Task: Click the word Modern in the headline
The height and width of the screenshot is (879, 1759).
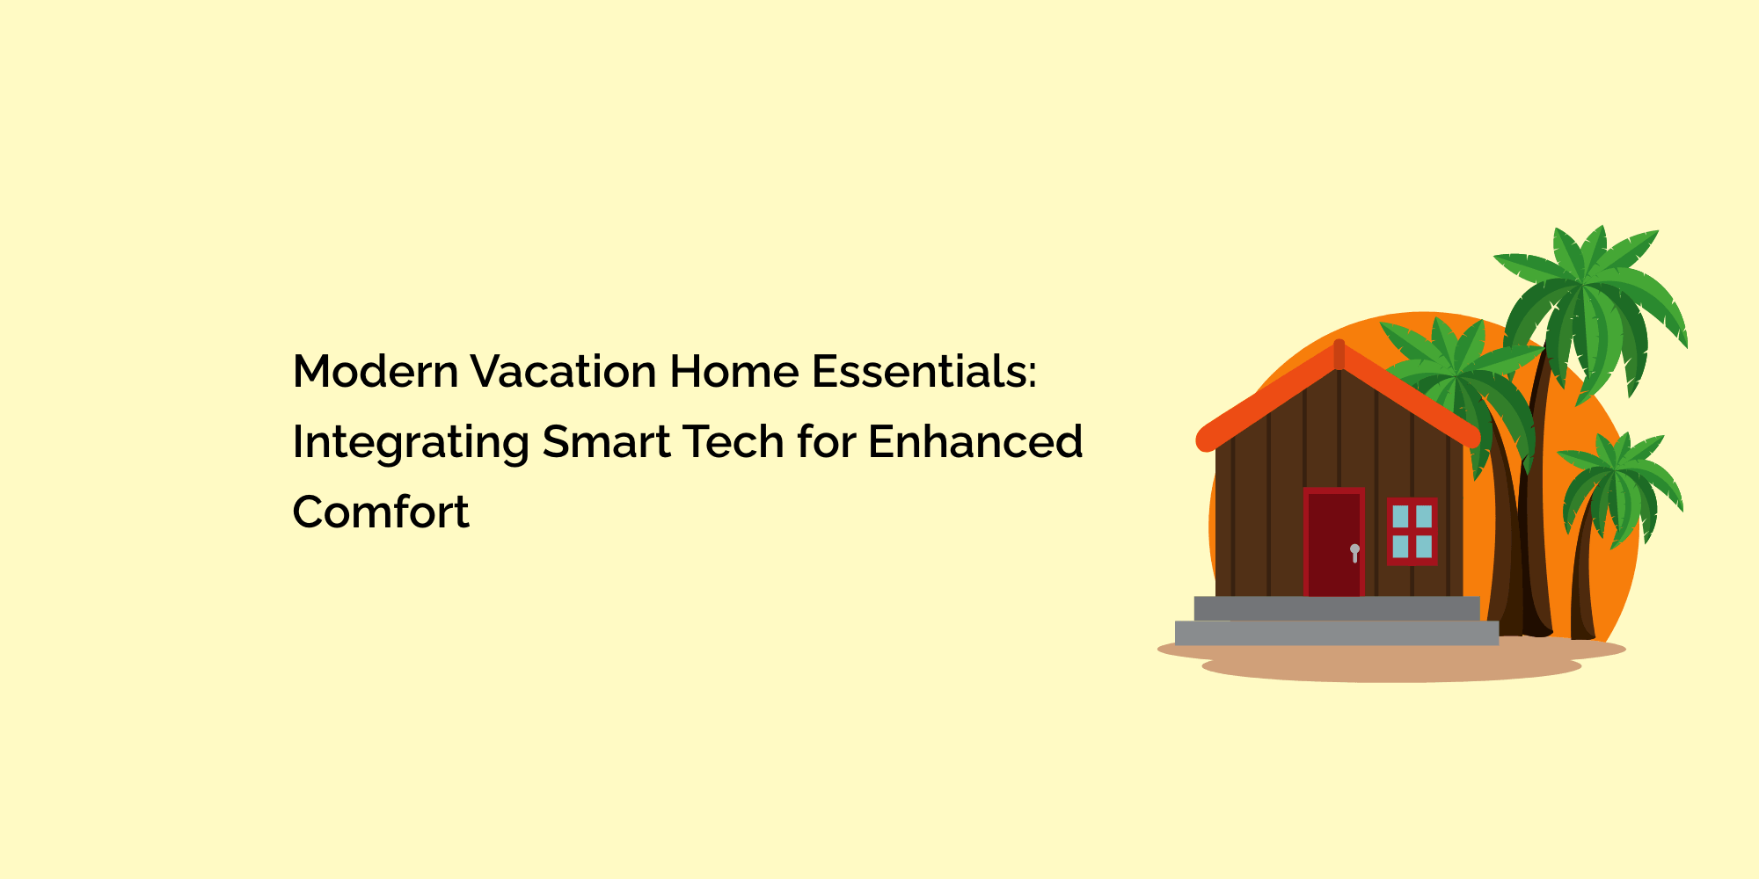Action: (375, 371)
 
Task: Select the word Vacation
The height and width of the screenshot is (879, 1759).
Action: (563, 371)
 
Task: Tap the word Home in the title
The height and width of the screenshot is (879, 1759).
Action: (734, 371)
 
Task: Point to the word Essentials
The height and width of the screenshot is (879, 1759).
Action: (918, 371)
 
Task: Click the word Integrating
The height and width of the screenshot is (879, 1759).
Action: (410, 443)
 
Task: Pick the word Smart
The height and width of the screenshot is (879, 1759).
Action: (606, 441)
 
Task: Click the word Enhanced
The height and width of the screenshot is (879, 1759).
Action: (975, 441)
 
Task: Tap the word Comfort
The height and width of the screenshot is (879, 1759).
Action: (381, 512)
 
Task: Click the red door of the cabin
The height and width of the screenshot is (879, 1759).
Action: (1333, 542)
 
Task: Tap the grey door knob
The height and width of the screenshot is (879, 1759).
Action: (1354, 553)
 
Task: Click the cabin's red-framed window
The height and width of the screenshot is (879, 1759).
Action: (1412, 531)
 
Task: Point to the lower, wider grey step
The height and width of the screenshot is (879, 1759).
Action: (1337, 633)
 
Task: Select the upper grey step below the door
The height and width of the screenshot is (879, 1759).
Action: (1337, 608)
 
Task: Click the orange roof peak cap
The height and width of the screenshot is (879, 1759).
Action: (1339, 354)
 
